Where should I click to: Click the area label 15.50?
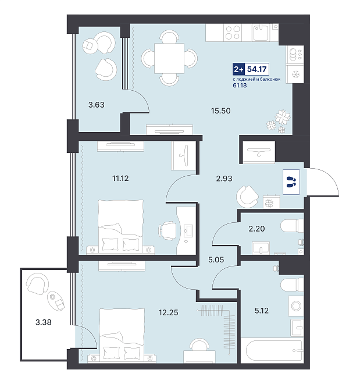pos(220,111)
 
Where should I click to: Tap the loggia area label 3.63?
pos(96,105)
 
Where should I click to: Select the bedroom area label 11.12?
pos(120,178)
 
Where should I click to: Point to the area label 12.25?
pos(169,312)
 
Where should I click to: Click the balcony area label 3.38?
pos(44,322)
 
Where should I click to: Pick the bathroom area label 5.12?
pos(262,311)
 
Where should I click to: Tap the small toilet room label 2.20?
pos(256,229)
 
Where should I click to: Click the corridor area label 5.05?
pos(216,259)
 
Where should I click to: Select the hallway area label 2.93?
pos(224,179)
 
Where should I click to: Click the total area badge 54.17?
pos(256,69)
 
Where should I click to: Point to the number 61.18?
pos(240,86)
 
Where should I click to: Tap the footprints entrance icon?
pos(291,182)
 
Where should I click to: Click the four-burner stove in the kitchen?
pos(233,33)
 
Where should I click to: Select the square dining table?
pos(169,59)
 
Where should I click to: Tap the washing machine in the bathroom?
pos(296,306)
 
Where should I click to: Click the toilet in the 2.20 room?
pos(292,225)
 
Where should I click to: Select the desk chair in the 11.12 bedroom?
pos(167,230)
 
